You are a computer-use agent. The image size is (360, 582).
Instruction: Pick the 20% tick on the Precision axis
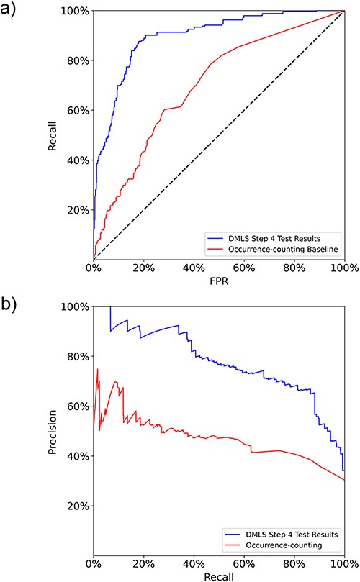pos(76,506)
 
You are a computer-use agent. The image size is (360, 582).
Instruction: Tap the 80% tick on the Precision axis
pos(76,356)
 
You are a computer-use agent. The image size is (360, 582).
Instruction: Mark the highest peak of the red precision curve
pos(98,370)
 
